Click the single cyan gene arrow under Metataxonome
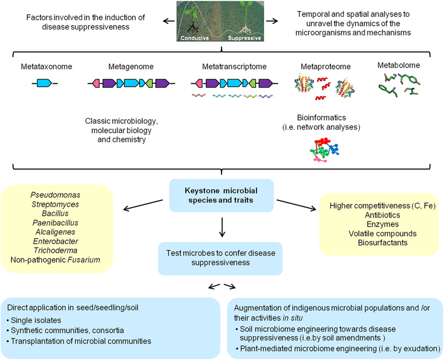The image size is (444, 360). coord(44,83)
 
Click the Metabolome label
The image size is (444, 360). coord(399,65)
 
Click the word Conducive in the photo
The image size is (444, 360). coord(194,38)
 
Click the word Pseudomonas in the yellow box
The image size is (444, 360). coord(58,195)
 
